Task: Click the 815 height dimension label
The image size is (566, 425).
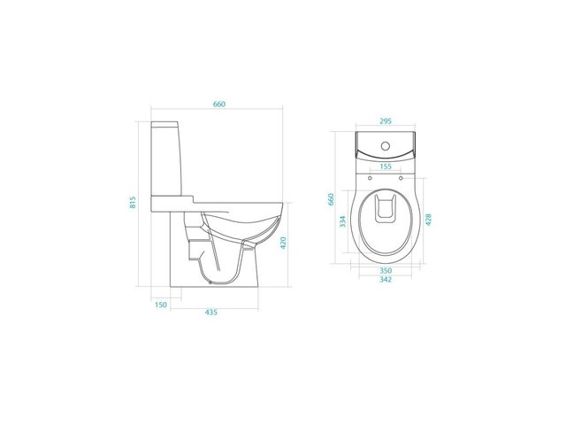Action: point(133,203)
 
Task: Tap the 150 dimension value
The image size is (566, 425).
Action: point(161,305)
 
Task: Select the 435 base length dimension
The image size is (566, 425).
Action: point(211,313)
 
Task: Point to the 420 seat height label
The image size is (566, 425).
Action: point(283,243)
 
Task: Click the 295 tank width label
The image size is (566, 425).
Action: point(386,121)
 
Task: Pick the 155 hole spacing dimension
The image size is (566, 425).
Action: point(386,166)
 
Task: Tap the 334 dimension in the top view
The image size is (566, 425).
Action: point(343,221)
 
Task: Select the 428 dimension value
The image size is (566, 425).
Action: point(428,220)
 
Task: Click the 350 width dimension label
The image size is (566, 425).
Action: point(386,271)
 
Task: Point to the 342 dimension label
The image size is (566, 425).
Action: point(386,280)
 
